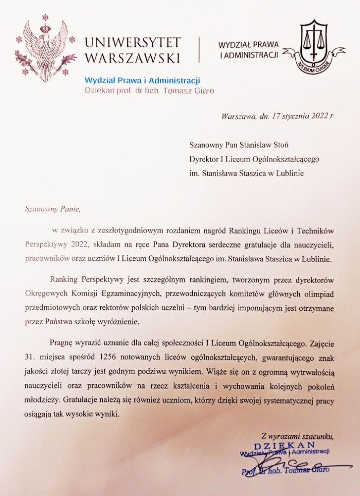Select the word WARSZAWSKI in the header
(133, 57)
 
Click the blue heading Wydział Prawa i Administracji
(142, 80)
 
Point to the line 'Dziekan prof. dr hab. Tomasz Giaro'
(150, 91)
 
